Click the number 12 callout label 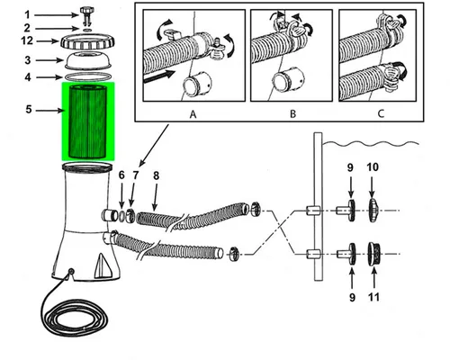click(27, 40)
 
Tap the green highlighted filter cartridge click(88, 121)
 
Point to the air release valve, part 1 click(87, 14)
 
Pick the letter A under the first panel click(193, 114)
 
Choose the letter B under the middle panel click(292, 114)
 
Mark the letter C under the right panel click(381, 114)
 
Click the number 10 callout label click(373, 167)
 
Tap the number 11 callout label click(373, 297)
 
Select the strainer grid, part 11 click(374, 254)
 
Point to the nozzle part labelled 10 click(373, 211)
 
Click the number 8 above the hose click(156, 175)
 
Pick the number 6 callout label click(121, 175)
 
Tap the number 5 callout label click(29, 110)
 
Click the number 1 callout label click(27, 14)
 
